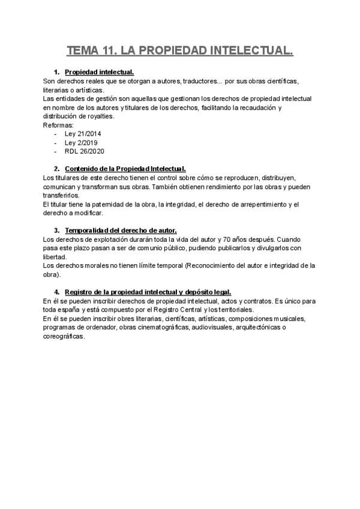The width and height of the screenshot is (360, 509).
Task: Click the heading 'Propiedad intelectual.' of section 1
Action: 99,72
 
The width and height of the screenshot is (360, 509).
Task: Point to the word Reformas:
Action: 58,125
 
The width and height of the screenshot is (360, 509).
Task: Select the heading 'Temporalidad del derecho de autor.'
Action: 121,230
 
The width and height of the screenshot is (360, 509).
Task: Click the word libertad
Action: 55,257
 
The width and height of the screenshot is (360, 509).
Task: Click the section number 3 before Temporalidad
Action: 56,230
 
